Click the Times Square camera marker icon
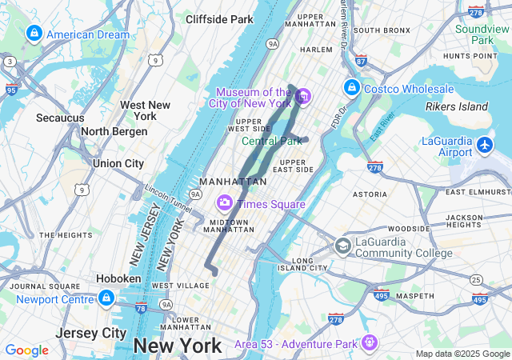[x=225, y=203]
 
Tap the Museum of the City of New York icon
[x=303, y=98]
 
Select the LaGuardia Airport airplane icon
[x=485, y=145]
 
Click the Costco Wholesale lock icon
[x=351, y=87]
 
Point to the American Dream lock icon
[x=34, y=34]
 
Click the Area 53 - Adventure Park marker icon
[x=369, y=343]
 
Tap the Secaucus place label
[x=60, y=118]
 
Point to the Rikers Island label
[x=456, y=106]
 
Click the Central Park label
[x=272, y=142]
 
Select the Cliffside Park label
[x=218, y=18]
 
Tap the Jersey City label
[x=91, y=332]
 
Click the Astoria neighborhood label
[x=370, y=194]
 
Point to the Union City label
[x=118, y=163]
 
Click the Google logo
[x=26, y=350]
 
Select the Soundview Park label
[x=482, y=34]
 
